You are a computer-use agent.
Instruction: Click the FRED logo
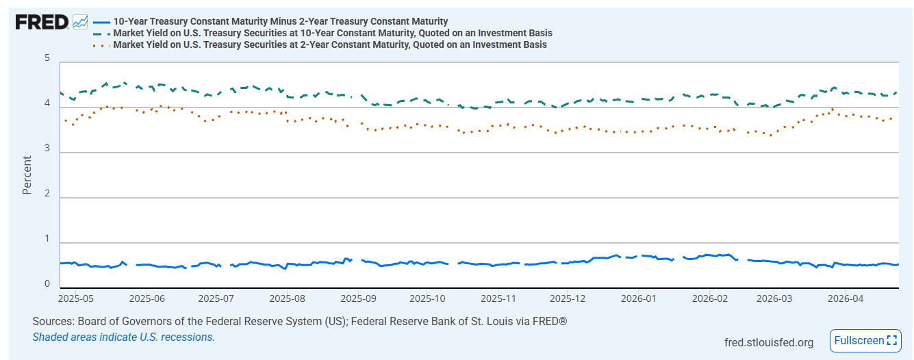(x=42, y=22)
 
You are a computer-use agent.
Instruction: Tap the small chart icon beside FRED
(x=80, y=22)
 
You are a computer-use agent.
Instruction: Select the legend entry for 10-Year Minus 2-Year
(x=280, y=21)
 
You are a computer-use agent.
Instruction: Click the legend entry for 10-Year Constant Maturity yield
(x=333, y=33)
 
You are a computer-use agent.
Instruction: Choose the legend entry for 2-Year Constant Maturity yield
(x=330, y=44)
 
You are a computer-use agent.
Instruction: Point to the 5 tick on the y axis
(x=47, y=58)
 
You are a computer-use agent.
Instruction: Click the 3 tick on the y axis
(x=47, y=148)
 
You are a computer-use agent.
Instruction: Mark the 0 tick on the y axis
(x=47, y=283)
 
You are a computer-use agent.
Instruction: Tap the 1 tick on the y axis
(x=47, y=238)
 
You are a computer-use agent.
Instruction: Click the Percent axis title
(x=27, y=175)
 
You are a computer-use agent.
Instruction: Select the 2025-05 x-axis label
(x=76, y=298)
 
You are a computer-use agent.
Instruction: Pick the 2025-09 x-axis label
(x=358, y=298)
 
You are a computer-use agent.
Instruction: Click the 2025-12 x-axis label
(x=568, y=298)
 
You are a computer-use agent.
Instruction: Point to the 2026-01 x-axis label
(x=639, y=298)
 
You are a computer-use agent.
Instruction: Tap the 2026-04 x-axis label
(x=846, y=298)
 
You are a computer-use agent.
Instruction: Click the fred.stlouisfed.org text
(x=769, y=342)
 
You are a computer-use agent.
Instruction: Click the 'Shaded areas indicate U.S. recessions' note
(x=124, y=337)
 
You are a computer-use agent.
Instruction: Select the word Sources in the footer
(x=53, y=321)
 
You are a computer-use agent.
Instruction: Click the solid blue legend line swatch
(x=101, y=22)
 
